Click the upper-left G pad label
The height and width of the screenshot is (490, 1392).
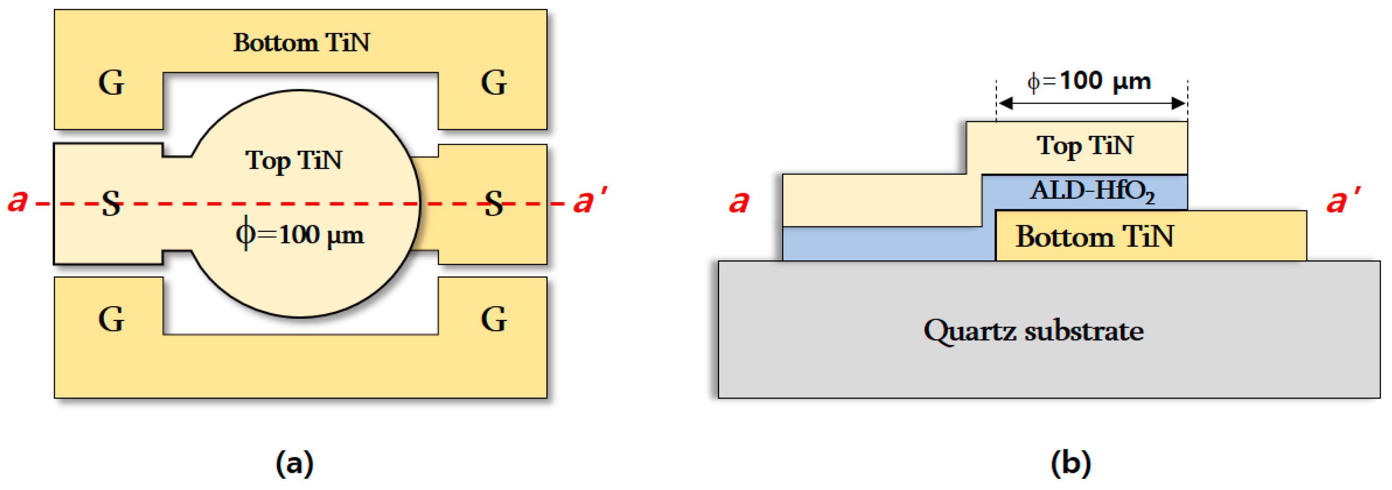coord(111,83)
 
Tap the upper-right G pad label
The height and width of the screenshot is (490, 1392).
coord(494,83)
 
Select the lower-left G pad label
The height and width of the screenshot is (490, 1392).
coord(111,319)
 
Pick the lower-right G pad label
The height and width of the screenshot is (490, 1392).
coord(494,319)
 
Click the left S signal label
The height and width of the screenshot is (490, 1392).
coord(111,204)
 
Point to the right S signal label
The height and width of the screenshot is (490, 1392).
coord(494,204)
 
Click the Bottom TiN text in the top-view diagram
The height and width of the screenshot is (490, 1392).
coord(302,42)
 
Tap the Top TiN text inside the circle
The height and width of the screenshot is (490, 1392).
coord(294,161)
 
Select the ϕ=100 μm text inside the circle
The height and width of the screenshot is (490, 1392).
coord(300,234)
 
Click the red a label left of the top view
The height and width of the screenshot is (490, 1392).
coord(17,200)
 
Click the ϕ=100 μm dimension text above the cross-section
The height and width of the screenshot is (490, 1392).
coord(1089,81)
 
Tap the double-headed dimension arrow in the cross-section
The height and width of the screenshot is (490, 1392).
coord(1092,103)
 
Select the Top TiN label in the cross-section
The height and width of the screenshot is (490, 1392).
coord(1085,146)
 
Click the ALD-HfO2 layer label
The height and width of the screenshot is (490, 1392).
coord(1092,191)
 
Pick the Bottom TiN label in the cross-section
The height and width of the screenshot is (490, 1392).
coord(1094,236)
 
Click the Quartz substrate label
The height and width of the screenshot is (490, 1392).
coord(1033,330)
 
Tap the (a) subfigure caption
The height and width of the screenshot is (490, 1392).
coord(295,463)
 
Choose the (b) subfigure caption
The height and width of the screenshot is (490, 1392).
coord(1071,463)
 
